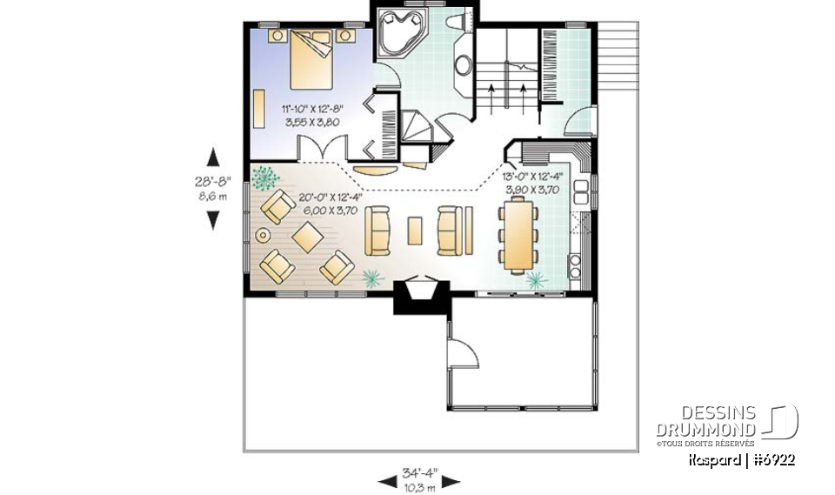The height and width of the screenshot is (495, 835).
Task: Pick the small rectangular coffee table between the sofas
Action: click(416, 231)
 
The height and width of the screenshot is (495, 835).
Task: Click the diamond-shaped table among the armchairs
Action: click(308, 236)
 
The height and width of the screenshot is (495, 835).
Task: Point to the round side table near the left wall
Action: click(262, 234)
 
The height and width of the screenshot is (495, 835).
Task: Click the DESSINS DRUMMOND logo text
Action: click(705, 422)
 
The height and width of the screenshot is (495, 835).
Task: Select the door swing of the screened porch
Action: click(461, 353)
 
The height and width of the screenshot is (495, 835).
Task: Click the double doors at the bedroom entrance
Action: click(319, 151)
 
